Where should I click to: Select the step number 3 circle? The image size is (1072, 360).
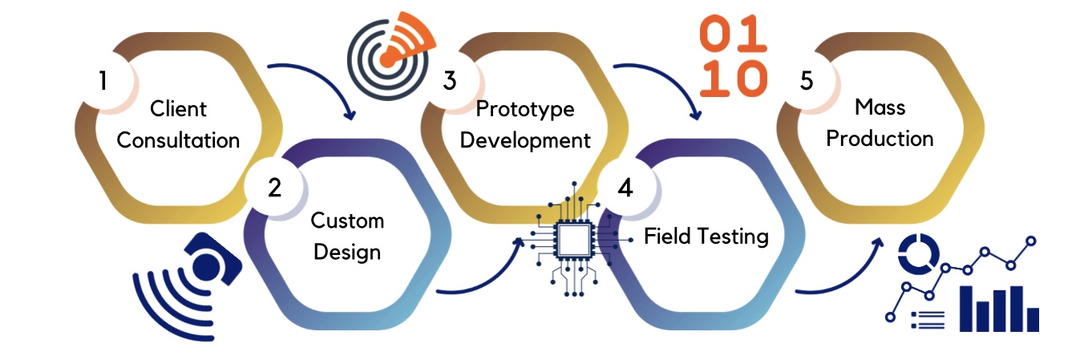click(450, 80)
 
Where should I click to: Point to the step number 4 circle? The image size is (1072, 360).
click(625, 188)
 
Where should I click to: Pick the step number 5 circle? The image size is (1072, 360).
click(807, 80)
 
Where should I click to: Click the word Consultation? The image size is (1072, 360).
click(178, 140)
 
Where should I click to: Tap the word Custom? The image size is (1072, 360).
click(347, 220)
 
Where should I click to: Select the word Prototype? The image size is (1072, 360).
click(525, 108)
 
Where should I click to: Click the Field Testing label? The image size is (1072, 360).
click(706, 237)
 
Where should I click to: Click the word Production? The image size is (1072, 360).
click(880, 138)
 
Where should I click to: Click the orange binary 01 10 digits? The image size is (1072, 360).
click(734, 57)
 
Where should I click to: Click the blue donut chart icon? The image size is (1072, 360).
click(917, 253)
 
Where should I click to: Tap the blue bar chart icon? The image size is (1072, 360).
click(998, 309)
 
